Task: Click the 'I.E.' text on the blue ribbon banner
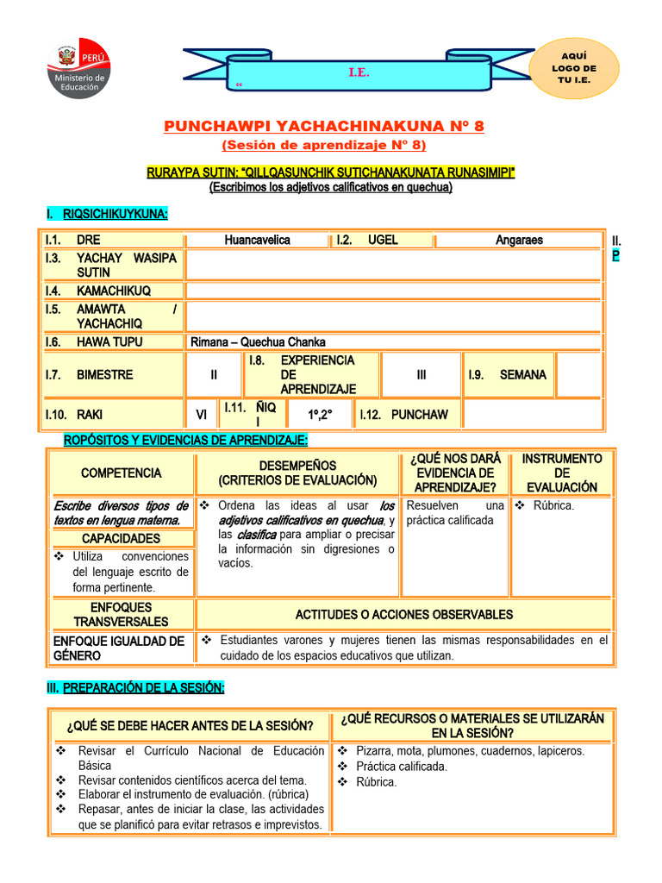pos(359,73)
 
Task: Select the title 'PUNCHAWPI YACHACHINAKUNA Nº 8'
pos(324,127)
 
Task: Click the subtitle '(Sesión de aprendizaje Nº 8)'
pos(324,145)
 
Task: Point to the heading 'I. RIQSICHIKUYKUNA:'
pos(107,214)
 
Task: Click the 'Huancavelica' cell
pos(257,240)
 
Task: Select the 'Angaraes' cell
pos(519,240)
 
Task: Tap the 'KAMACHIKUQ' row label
pos(113,291)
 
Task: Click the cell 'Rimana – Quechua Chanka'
pos(258,342)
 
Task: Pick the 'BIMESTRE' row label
pos(104,375)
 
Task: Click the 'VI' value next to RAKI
pos(202,415)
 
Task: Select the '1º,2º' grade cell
pos(321,415)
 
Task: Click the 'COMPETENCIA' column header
pos(121,473)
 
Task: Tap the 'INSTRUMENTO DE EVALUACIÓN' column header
pos(562,473)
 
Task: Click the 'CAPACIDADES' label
pos(121,539)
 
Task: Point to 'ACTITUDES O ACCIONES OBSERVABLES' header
pos(403,615)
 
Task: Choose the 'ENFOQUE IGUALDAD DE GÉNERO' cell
pos(119,648)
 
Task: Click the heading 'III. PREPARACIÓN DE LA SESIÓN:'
pos(134,687)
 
